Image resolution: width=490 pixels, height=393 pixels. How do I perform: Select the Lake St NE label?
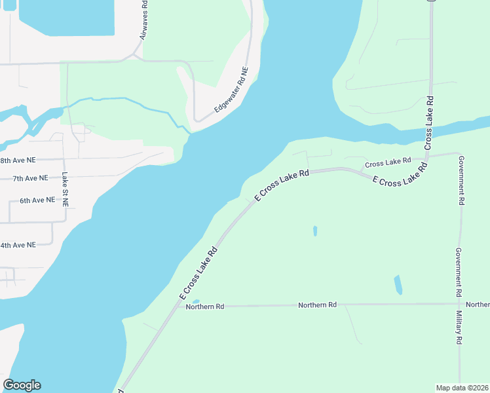65,189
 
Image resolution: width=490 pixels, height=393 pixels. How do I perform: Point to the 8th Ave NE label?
18,160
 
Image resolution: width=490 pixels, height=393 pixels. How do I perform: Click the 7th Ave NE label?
30,178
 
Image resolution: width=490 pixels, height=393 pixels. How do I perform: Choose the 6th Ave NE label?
37,200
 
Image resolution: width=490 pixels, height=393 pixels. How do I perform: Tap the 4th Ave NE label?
18,245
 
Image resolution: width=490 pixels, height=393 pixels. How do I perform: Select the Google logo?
22,385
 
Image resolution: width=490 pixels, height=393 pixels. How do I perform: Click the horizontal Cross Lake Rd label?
388,161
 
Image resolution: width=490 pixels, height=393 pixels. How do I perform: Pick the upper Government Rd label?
461,181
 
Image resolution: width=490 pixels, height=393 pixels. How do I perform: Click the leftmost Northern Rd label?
205,307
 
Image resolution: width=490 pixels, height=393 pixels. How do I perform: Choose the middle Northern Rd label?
317,305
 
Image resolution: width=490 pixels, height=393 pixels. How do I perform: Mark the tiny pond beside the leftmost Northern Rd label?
196,302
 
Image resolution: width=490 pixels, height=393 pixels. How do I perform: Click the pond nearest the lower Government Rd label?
398,285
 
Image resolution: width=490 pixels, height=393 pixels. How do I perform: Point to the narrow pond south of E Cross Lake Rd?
315,231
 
